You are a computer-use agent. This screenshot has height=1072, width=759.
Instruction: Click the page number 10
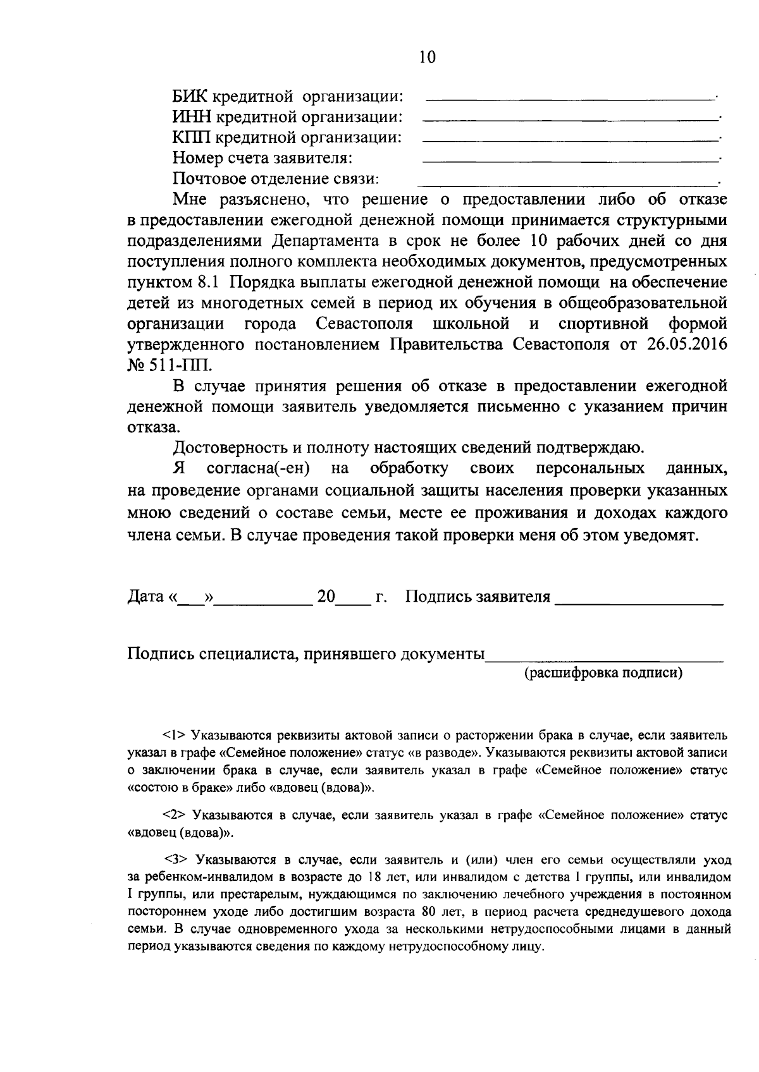[427, 58]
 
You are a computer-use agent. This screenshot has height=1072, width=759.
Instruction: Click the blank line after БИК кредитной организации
[569, 99]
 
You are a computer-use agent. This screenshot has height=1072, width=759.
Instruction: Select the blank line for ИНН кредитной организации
[569, 119]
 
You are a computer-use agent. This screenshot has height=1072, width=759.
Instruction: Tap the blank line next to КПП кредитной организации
[569, 140]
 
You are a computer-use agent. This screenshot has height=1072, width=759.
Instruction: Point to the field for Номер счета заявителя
[569, 161]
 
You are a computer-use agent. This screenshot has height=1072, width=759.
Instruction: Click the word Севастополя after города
[364, 324]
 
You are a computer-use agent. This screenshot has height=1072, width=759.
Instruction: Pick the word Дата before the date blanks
[146, 597]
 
